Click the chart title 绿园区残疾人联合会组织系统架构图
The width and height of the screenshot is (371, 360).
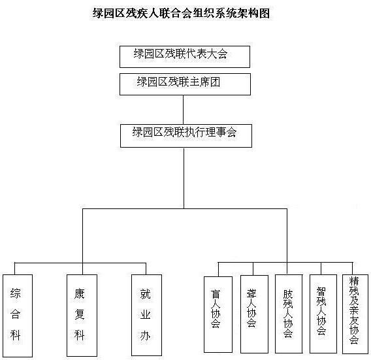181,13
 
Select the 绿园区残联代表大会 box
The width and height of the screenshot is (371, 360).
185,57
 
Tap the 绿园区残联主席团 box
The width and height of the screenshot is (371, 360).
185,84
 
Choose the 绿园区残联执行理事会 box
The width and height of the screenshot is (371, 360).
186,136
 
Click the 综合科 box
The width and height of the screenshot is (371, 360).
18,316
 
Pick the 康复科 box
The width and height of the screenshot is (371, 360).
82,316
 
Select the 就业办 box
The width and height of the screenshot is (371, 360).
147,315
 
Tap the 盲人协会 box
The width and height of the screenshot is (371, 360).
218,314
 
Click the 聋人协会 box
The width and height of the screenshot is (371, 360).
254,314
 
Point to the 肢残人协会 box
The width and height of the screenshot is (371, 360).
289,314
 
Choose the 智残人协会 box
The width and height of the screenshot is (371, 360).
323,314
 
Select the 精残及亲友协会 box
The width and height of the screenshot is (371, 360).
355,314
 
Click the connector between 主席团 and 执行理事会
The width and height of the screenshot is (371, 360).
184,110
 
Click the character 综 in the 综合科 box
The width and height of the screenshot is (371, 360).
15,294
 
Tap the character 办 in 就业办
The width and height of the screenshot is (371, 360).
145,336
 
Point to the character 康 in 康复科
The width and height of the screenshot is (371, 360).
79,294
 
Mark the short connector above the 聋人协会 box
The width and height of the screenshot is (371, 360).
253,269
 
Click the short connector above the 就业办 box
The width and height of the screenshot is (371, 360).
146,269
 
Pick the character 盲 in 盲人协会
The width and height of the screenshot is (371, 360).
216,294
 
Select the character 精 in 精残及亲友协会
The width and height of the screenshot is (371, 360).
354,281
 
